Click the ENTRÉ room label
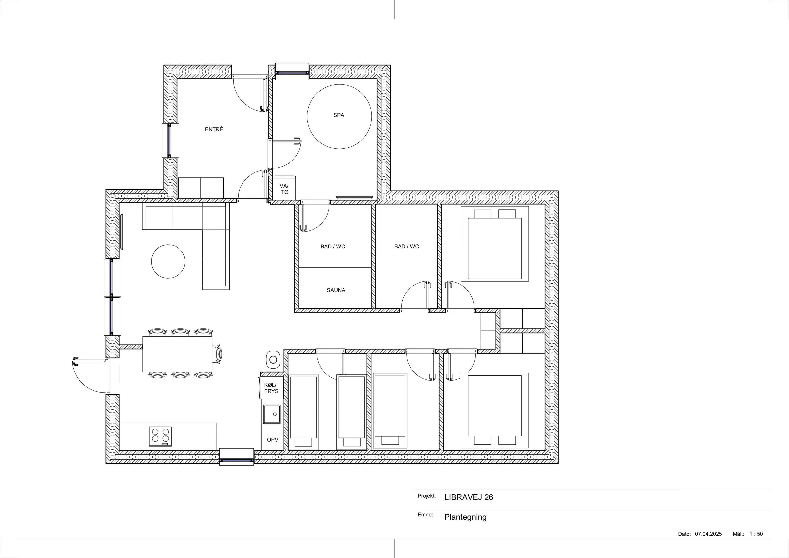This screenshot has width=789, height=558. [214, 129]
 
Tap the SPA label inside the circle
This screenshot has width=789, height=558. [339, 115]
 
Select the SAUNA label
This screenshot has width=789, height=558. [336, 290]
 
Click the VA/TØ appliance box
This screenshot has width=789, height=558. [284, 188]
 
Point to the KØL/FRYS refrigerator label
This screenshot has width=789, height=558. [271, 388]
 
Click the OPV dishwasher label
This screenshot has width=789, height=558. [273, 440]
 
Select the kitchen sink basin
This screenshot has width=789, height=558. [272, 414]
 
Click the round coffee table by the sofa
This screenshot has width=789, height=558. [168, 261]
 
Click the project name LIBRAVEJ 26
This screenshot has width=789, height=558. [468, 497]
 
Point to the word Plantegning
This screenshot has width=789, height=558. [465, 517]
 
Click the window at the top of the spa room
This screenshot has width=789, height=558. [292, 72]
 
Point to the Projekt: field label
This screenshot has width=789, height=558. [427, 496]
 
